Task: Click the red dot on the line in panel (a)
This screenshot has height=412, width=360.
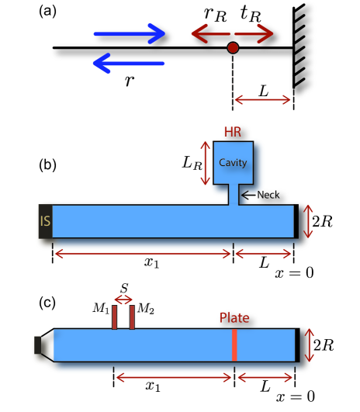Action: [233, 48]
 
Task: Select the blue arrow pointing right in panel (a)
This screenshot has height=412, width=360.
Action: [130, 33]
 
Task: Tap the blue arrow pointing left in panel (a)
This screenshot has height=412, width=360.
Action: [129, 63]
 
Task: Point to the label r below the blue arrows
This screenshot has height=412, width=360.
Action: [130, 80]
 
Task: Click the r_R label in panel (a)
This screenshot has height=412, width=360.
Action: [215, 15]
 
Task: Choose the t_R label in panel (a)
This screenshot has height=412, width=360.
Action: [251, 14]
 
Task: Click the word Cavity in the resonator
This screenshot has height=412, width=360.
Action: [233, 163]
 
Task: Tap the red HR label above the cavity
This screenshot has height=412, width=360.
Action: [233, 132]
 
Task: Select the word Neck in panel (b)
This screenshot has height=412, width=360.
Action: [268, 195]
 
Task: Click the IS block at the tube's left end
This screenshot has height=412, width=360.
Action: [46, 221]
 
